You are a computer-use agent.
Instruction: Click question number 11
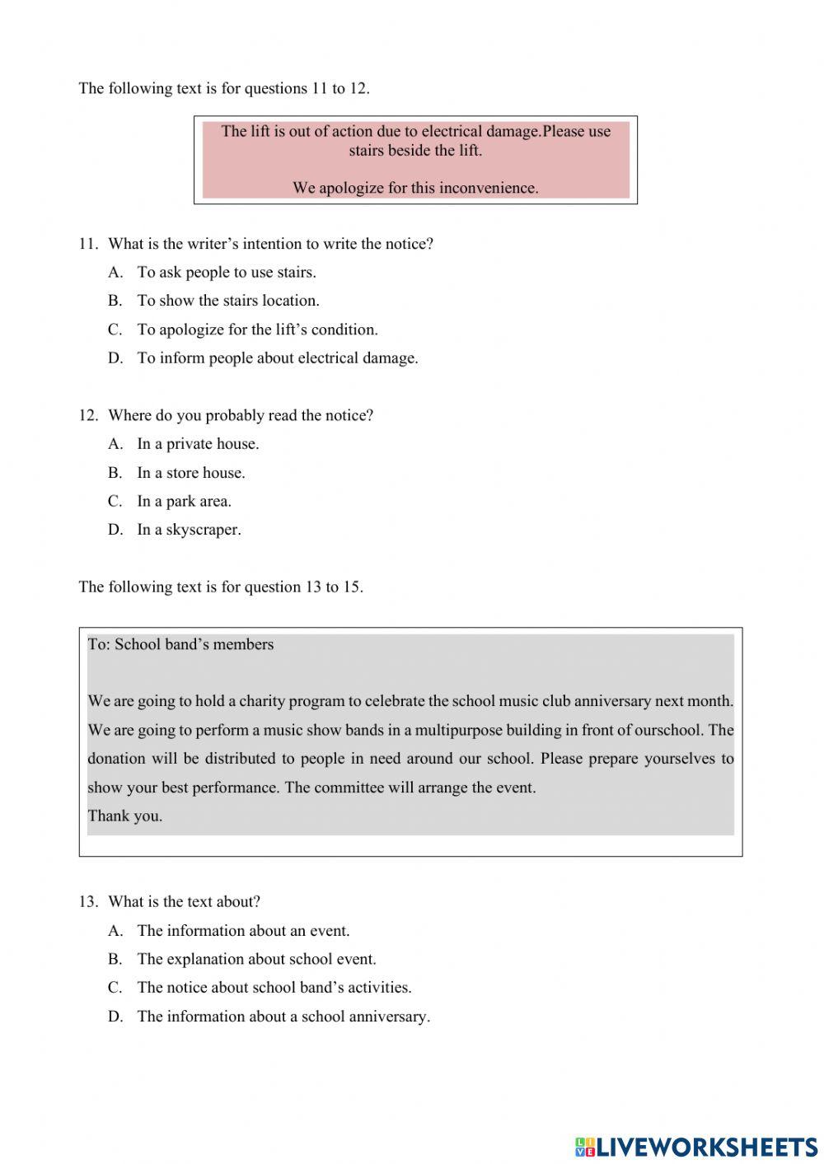click(x=88, y=244)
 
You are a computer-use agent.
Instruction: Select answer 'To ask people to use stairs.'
click(x=226, y=273)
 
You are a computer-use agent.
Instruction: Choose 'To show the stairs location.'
click(x=227, y=301)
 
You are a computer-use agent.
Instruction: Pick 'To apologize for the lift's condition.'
click(x=257, y=330)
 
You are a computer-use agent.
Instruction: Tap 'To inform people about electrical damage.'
click(x=277, y=358)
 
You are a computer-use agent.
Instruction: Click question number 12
click(x=88, y=415)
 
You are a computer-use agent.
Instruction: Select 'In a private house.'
click(x=197, y=444)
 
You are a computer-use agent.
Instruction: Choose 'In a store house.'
click(x=190, y=473)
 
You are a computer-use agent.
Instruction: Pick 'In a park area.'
click(x=184, y=502)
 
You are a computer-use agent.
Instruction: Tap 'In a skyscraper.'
click(x=189, y=530)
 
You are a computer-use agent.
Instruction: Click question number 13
click(x=88, y=902)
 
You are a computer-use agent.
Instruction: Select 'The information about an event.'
click(x=243, y=931)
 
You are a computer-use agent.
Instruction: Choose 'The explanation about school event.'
click(x=256, y=960)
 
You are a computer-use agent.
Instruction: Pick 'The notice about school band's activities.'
click(x=274, y=988)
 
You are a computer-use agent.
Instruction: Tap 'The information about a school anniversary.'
click(x=283, y=1017)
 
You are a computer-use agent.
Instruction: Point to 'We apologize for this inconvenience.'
click(x=415, y=188)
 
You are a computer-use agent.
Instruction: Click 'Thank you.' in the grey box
click(x=125, y=816)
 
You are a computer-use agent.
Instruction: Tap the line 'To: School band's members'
click(x=180, y=645)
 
